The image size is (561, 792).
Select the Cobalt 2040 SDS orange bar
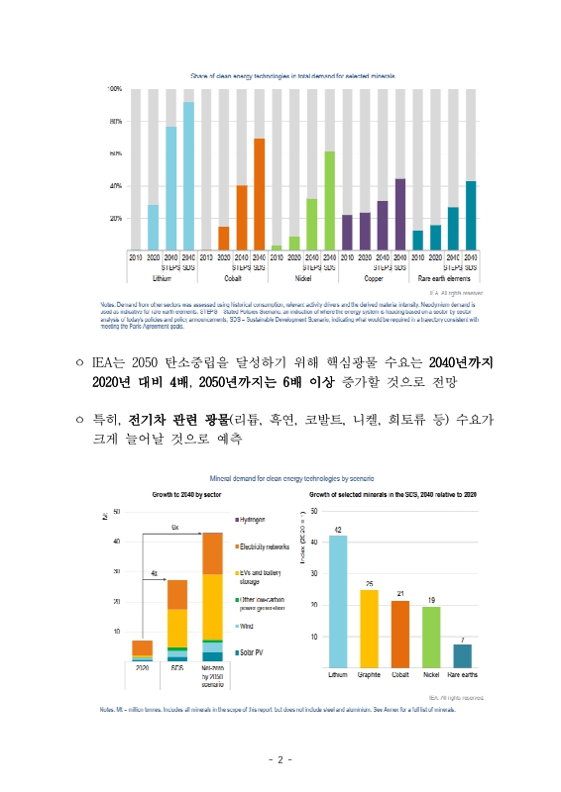point(259,194)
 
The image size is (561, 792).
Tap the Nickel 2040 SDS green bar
point(329,200)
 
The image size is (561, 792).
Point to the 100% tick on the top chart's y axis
point(114,89)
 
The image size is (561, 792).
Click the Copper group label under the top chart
point(374,278)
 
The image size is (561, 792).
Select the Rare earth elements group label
point(444,278)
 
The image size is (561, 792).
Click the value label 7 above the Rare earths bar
point(463,639)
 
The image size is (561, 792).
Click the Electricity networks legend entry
point(263,545)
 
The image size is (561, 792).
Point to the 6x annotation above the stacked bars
point(175,527)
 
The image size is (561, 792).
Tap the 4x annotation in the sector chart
point(154,573)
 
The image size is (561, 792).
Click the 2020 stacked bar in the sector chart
point(143,649)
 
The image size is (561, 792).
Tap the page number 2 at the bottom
point(280,760)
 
